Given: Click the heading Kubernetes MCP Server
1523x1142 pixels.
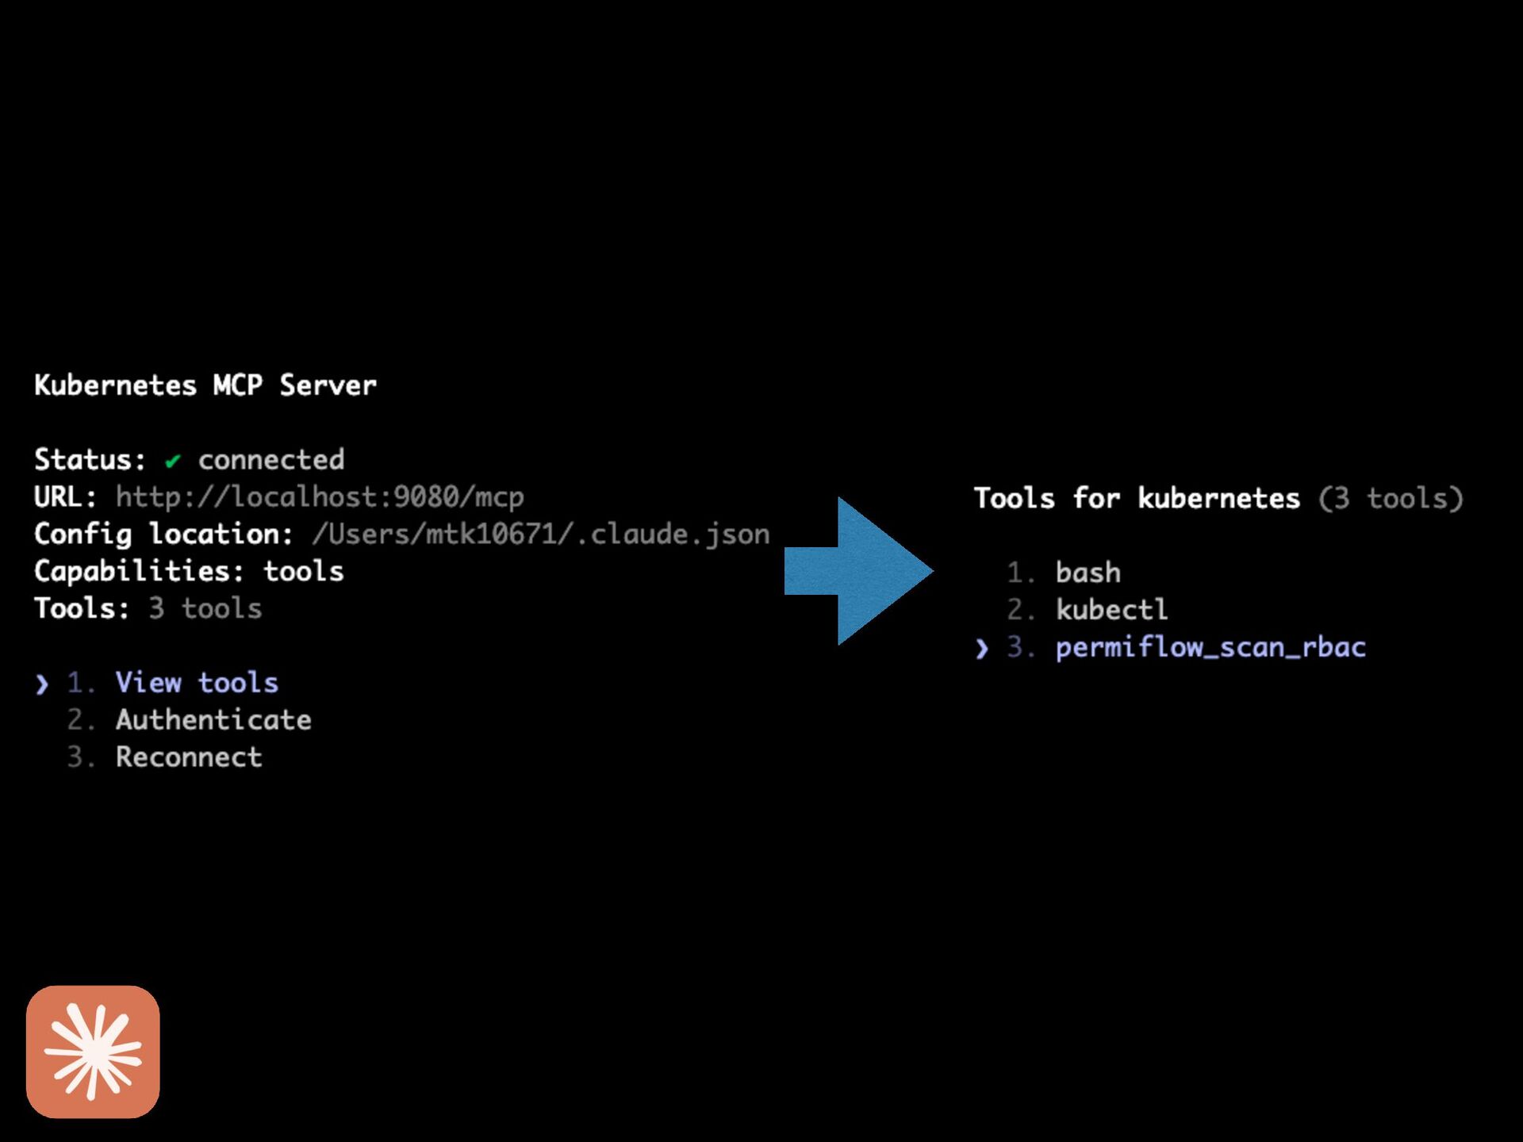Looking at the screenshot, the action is (x=205, y=385).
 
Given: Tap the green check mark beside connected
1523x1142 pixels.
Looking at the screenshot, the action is (x=172, y=461).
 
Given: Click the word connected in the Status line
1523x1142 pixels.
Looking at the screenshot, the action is (x=270, y=460).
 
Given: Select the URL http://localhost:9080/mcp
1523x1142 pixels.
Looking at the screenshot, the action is (x=319, y=497).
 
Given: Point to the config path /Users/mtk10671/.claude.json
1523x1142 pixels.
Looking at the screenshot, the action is (x=540, y=535).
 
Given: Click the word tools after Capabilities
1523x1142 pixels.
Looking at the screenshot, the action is (x=303, y=572).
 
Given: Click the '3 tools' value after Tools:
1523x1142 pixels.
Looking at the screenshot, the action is (x=205, y=609).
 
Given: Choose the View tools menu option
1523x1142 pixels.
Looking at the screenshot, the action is (x=197, y=683).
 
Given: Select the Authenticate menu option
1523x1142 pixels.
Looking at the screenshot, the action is (x=213, y=720).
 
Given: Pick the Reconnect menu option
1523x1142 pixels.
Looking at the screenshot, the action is (x=189, y=757).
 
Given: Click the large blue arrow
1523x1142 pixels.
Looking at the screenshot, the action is (x=857, y=571).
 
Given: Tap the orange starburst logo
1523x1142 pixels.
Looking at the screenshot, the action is (x=93, y=1052).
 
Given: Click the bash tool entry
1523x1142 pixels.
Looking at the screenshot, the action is (x=1088, y=573).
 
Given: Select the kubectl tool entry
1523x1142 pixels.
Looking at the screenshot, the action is (x=1111, y=610).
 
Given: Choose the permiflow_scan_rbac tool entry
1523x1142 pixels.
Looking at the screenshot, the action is (x=1210, y=647).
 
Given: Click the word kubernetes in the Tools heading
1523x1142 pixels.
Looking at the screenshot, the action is (x=1218, y=499).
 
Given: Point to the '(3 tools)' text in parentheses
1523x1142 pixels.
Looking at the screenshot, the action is (x=1391, y=499).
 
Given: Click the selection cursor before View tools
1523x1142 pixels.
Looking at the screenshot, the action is (x=42, y=684).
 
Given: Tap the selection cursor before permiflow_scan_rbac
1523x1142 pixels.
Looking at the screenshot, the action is (x=982, y=649).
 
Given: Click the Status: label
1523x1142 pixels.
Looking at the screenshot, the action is (x=90, y=460).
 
